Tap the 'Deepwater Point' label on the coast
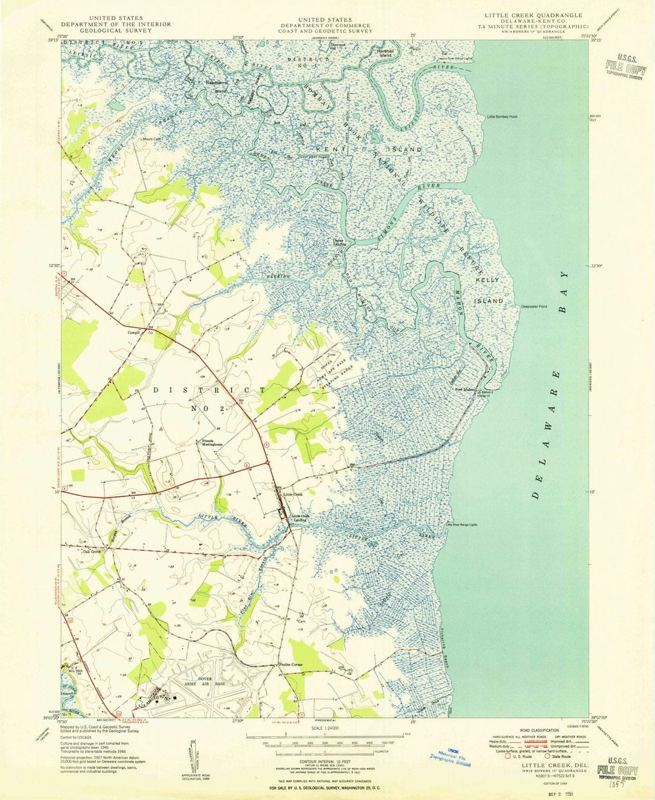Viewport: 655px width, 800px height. point(534,307)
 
